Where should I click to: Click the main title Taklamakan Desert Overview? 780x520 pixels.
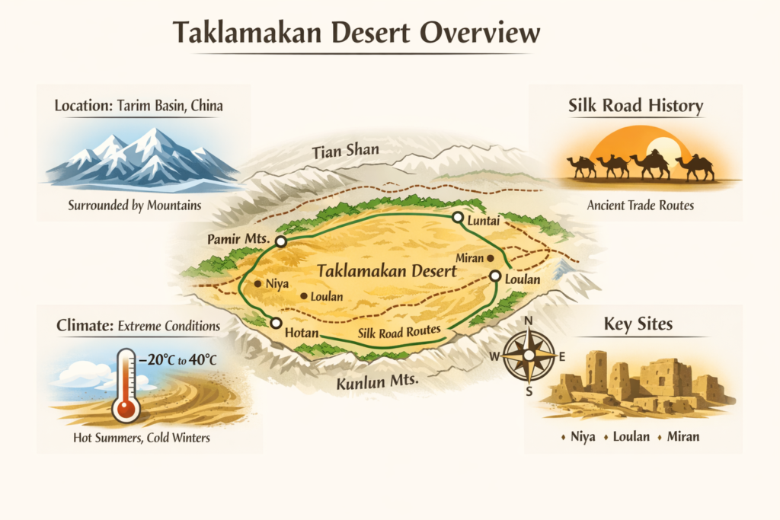coord(357,33)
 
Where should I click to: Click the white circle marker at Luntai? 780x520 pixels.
coord(457,218)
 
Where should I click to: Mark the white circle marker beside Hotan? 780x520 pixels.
coord(276,323)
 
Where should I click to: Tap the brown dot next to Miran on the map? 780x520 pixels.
coord(501,259)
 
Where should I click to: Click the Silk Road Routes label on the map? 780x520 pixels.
coord(400,331)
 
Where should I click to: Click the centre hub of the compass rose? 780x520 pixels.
coord(528,356)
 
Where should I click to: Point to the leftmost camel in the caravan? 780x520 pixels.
coord(581,165)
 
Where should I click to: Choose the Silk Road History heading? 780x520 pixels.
coord(636,105)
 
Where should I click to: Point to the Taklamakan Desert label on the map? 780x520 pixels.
coord(386,270)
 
